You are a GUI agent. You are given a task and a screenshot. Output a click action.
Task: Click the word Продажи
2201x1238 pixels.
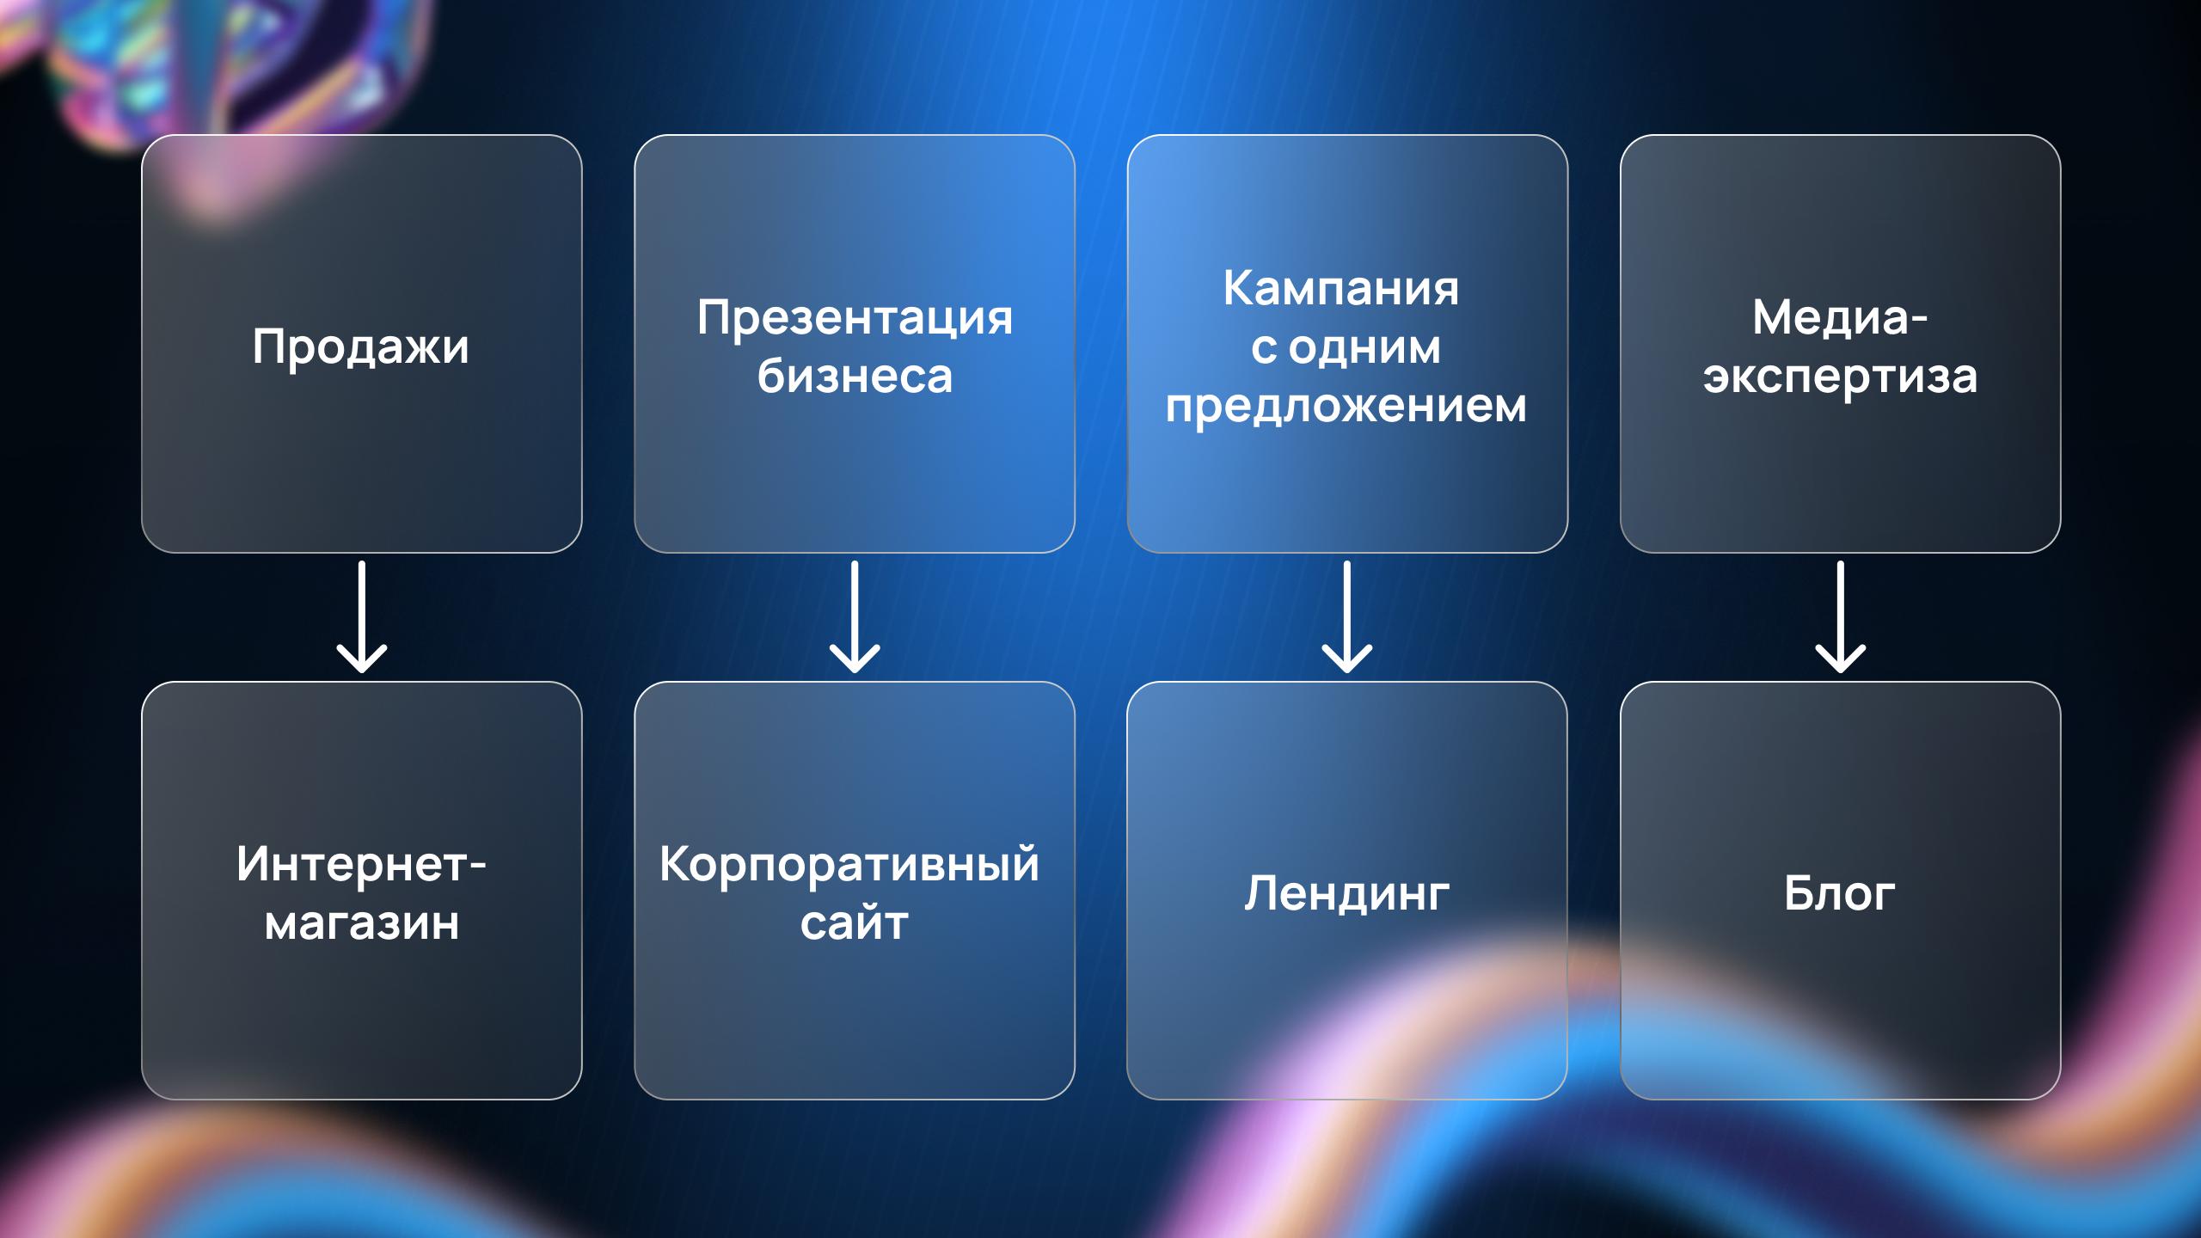click(361, 347)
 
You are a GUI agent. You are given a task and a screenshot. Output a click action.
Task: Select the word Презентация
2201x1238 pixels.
click(855, 318)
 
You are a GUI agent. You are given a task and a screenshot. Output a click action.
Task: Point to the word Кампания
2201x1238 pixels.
click(1341, 288)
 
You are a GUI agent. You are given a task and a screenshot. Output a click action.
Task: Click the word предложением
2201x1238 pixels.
click(1346, 405)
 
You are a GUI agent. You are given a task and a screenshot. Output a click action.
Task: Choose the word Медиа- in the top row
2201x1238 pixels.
click(1840, 318)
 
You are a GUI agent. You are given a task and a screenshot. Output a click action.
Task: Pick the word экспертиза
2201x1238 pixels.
click(1840, 377)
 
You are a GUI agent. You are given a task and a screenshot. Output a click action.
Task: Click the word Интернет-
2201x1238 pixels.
click(361, 864)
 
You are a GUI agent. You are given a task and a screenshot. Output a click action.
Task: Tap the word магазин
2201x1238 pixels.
click(361, 923)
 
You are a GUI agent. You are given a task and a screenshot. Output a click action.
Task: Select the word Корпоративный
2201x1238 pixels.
click(849, 865)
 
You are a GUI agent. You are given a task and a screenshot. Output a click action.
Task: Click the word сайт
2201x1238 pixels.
click(855, 922)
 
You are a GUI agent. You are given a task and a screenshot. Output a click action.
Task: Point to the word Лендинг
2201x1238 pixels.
click(1346, 894)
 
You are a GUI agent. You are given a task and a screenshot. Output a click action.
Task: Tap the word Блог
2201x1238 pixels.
click(1840, 893)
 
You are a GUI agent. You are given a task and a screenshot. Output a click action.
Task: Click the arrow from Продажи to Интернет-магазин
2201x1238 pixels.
click(362, 616)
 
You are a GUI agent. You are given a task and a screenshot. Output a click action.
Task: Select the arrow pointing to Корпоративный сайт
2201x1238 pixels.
click(855, 616)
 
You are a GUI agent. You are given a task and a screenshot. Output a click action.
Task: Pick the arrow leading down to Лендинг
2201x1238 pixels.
click(1347, 616)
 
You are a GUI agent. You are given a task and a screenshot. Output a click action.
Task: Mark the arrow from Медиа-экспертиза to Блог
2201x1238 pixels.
click(1841, 616)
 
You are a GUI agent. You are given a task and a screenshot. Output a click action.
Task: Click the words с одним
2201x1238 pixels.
click(1346, 347)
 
